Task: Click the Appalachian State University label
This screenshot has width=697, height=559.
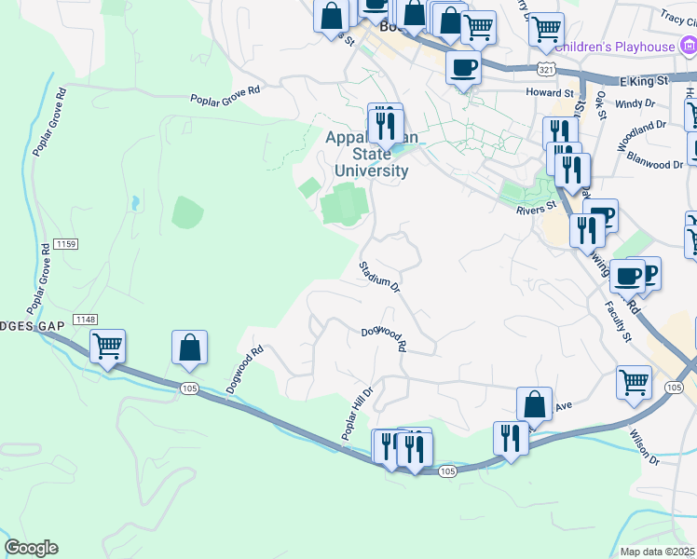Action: [x=366, y=155]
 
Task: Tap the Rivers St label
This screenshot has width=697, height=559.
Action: [x=536, y=206]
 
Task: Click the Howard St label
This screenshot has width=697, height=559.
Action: [x=549, y=93]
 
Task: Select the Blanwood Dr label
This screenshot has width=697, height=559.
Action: [x=655, y=164]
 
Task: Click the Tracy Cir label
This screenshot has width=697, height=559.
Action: [x=678, y=17]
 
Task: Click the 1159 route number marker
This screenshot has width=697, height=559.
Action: [x=63, y=244]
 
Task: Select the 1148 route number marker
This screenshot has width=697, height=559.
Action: [x=85, y=320]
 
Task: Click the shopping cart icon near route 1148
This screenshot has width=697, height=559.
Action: [x=108, y=347]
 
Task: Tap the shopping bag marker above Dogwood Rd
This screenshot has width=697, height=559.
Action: [x=189, y=347]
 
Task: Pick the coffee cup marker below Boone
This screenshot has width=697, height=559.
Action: [x=463, y=66]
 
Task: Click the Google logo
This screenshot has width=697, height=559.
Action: [x=31, y=548]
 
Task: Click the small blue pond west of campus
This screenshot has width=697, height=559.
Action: [x=136, y=201]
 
